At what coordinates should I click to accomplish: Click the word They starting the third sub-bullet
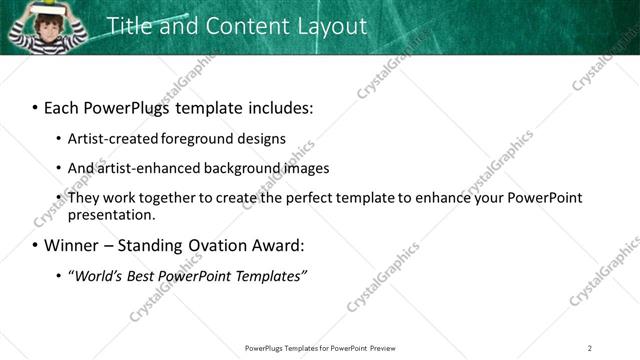click(x=83, y=197)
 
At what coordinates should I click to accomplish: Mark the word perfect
click(x=303, y=197)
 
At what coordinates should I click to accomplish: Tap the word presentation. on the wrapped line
click(x=111, y=214)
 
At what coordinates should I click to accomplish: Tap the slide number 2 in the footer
click(x=590, y=348)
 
